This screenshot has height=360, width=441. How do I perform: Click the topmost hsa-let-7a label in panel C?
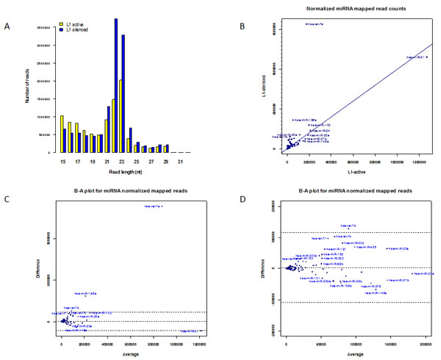coord(153,206)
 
